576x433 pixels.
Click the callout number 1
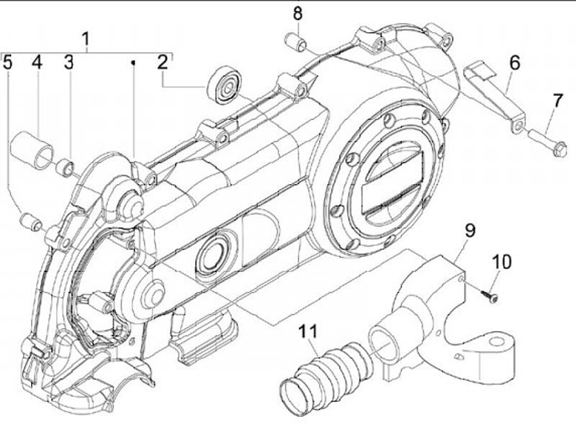[x=86, y=38]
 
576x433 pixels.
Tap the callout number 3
[x=68, y=62]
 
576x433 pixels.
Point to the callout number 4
[x=37, y=62]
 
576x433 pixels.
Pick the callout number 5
[x=8, y=62]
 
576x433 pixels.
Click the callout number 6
[x=514, y=62]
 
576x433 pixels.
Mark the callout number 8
[x=298, y=14]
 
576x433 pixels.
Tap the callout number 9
[x=470, y=231]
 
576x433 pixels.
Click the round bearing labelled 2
[x=223, y=86]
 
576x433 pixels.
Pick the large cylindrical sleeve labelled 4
[x=31, y=151]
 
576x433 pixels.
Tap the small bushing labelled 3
[x=65, y=167]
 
